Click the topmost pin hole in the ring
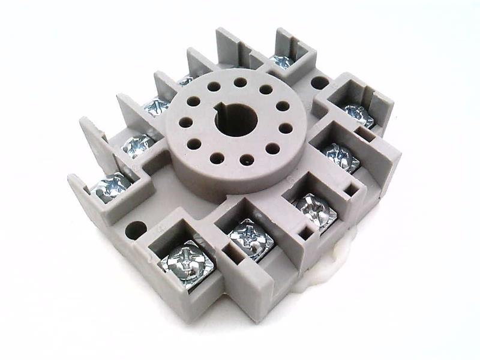point(240,82)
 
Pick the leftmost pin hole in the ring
point(186,122)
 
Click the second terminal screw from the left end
point(137,145)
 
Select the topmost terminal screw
point(281,60)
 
